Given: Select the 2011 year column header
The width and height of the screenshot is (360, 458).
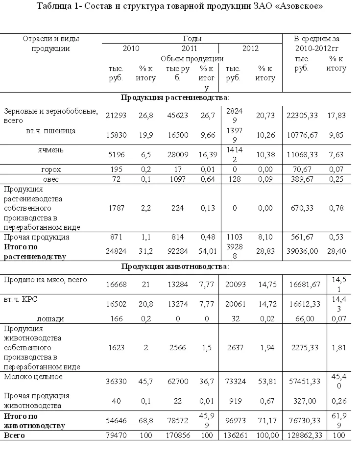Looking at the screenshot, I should coord(189,48).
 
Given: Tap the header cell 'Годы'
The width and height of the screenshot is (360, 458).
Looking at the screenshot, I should coord(192,38).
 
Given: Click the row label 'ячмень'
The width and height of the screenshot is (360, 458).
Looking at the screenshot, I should coord(51,150).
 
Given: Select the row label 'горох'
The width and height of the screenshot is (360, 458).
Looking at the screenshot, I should coord(51,169).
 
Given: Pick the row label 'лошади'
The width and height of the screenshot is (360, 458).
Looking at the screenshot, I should coord(53,318).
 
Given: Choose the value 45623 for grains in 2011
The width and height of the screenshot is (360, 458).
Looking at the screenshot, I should coord(177,115).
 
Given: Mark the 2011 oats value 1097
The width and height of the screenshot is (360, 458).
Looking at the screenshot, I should coord(177,180).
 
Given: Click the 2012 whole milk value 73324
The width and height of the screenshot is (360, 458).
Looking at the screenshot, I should coord(236,381).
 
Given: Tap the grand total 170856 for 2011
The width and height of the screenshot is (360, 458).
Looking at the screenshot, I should coord(177,435).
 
